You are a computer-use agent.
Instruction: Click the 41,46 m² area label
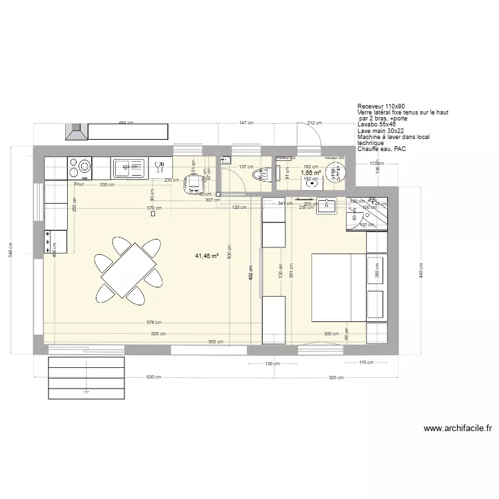pyautogui.click(x=207, y=255)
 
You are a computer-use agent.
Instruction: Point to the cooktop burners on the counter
pyautogui.click(x=81, y=168)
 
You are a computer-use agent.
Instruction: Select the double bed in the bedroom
pyautogui.click(x=339, y=287)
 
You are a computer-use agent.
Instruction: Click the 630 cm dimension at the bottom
pyautogui.click(x=154, y=377)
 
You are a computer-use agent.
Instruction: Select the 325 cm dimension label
pyautogui.click(x=336, y=377)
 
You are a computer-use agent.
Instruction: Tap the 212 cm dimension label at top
pyautogui.click(x=315, y=123)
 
